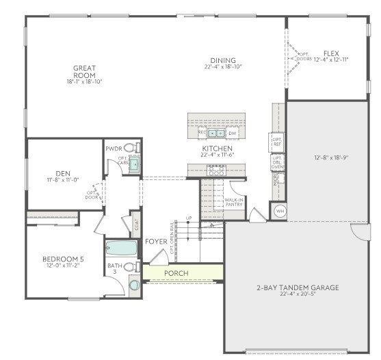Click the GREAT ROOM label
pyautogui.click(x=84, y=72)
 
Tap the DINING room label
pyautogui.click(x=223, y=60)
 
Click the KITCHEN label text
pyautogui.click(x=217, y=149)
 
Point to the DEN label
pyautogui.click(x=63, y=173)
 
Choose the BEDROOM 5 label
pyautogui.click(x=62, y=259)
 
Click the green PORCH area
pyautogui.click(x=176, y=273)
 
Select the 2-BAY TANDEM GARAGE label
pyautogui.click(x=297, y=287)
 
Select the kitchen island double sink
pyautogui.click(x=216, y=133)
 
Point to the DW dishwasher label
pyautogui.click(x=233, y=133)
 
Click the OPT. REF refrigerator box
pyautogui.click(x=277, y=142)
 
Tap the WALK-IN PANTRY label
pyautogui.click(x=235, y=202)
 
